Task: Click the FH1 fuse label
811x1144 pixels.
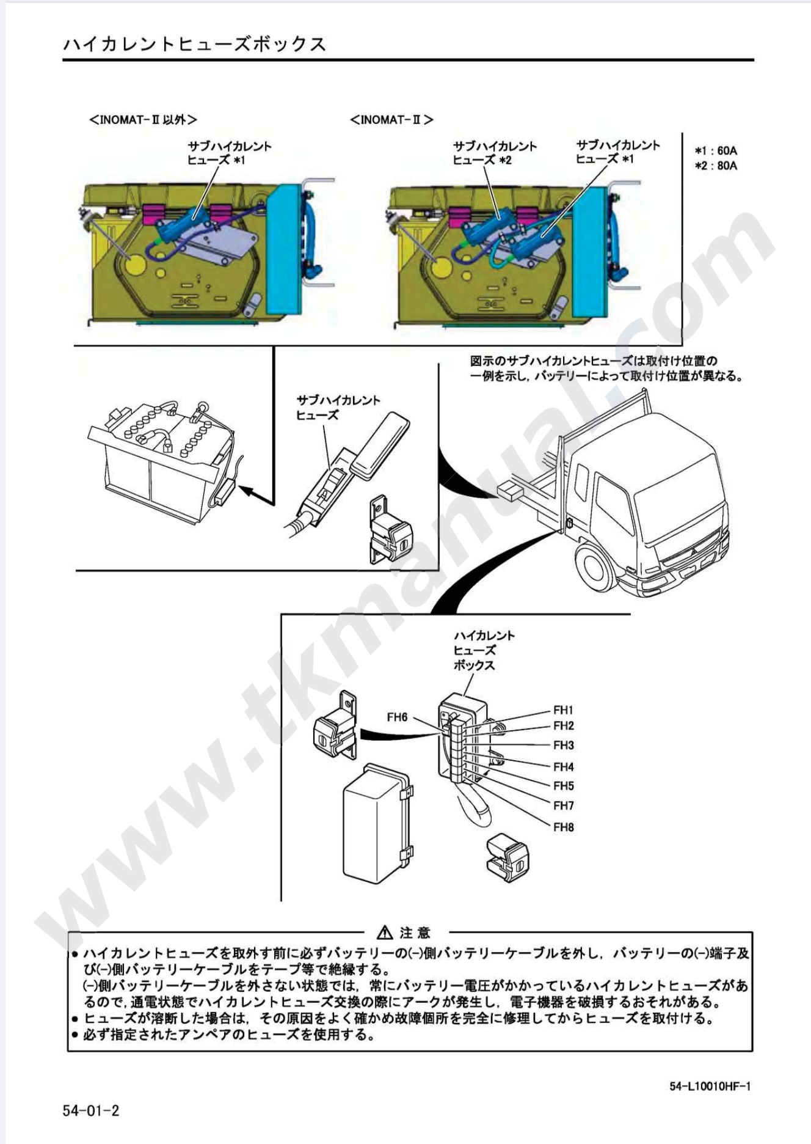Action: click(563, 710)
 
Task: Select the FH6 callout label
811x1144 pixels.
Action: click(397, 717)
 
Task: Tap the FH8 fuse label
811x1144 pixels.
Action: click(563, 827)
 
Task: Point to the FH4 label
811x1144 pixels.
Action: click(563, 767)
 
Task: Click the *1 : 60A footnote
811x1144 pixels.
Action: click(716, 150)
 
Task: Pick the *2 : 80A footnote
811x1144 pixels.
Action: click(716, 166)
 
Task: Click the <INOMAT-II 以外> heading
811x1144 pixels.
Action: click(144, 120)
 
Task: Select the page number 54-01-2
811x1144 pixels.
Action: click(91, 1110)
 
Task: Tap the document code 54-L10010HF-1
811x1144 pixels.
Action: click(710, 1086)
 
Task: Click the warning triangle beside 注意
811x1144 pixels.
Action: click(385, 933)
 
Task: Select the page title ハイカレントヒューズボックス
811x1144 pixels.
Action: click(194, 44)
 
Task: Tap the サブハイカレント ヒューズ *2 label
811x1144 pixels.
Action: click(495, 153)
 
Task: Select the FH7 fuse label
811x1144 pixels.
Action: click(563, 806)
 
